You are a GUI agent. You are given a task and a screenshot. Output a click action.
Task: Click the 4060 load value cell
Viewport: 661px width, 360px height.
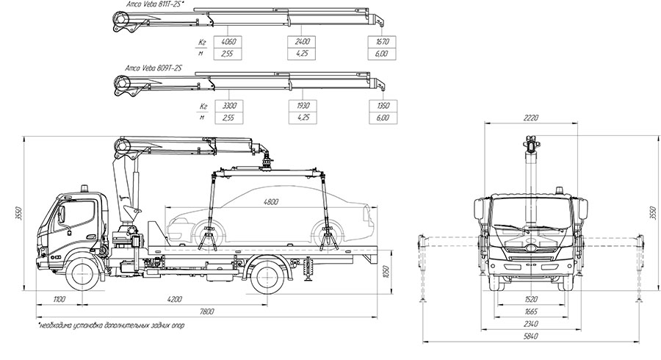coord(226,42)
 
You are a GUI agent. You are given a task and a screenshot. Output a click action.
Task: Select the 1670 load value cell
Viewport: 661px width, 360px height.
coord(382,42)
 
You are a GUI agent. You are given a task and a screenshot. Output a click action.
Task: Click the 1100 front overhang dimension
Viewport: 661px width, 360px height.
coord(60,299)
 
